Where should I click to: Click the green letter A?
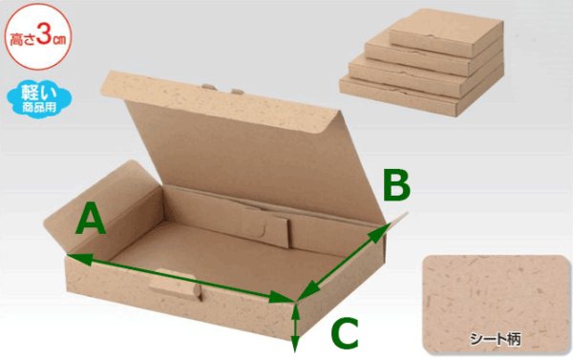(x=92, y=221)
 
